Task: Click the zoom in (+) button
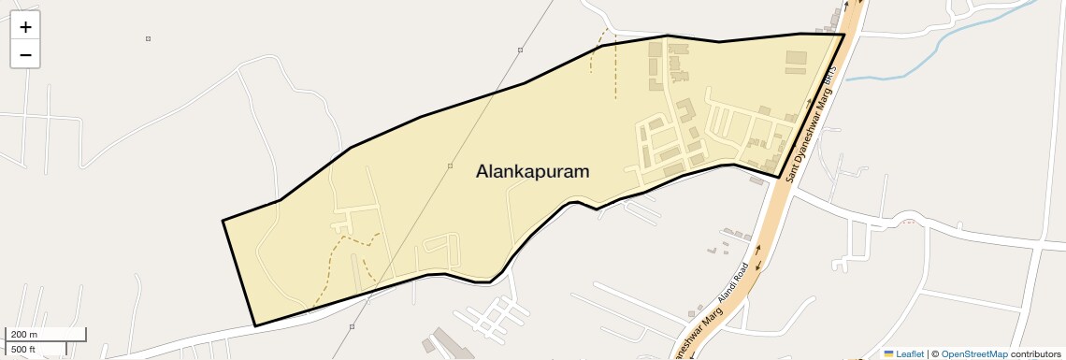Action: coord(25,27)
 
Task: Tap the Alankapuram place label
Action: coord(533,172)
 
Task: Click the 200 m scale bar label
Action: coord(24,334)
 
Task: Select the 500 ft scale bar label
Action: coord(24,350)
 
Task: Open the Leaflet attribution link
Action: coord(910,353)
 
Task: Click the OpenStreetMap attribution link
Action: coord(974,353)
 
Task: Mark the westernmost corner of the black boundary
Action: coord(223,221)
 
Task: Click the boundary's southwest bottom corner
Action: coord(255,326)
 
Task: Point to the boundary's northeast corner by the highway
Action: coord(844,35)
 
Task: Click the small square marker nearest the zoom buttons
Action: coord(148,38)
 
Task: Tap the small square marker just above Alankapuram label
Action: coord(451,166)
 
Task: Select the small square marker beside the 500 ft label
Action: coord(352,326)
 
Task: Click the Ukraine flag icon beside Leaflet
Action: coord(888,353)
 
